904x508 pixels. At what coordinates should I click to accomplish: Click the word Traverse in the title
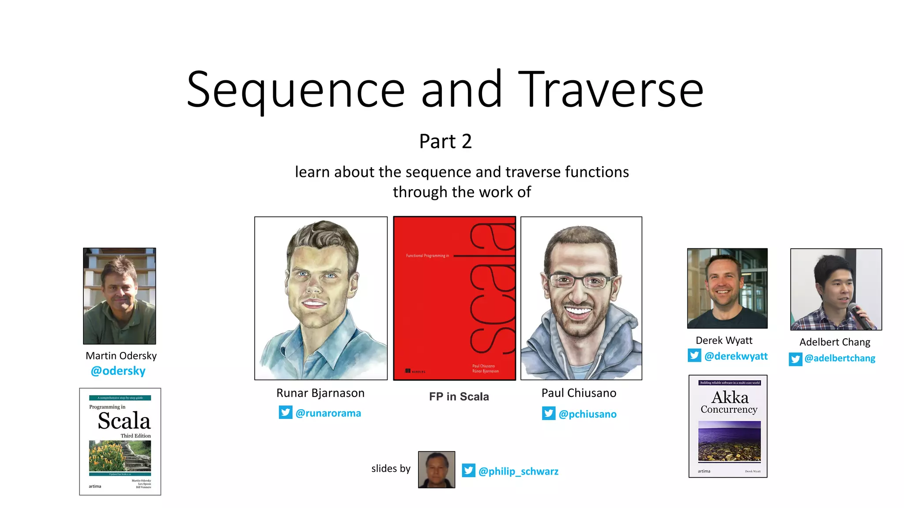click(x=610, y=90)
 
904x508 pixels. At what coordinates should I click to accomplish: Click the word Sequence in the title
click(x=295, y=90)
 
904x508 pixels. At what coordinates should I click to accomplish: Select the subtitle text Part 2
click(x=445, y=142)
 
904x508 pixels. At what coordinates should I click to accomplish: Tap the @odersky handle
click(x=118, y=371)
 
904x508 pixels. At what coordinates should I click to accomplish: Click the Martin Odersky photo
click(x=120, y=296)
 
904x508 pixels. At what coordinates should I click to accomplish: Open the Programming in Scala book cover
click(x=120, y=441)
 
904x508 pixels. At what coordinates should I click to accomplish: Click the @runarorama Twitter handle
click(x=328, y=413)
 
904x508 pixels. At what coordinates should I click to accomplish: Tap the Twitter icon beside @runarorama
click(x=286, y=412)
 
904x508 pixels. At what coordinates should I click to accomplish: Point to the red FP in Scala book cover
click(x=454, y=298)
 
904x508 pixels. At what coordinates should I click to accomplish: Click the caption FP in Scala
click(x=459, y=396)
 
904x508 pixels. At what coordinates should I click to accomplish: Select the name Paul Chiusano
click(x=579, y=393)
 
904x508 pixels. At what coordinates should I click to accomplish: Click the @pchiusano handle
click(x=587, y=414)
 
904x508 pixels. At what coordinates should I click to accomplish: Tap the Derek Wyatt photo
click(x=727, y=288)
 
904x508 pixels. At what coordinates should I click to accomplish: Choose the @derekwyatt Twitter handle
click(x=736, y=356)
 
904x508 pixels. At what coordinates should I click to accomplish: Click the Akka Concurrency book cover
click(x=728, y=426)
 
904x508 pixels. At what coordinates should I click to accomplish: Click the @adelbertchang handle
click(x=840, y=358)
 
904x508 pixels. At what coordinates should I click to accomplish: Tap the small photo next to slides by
click(x=437, y=470)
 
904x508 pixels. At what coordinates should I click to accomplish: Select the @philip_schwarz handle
click(x=518, y=471)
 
